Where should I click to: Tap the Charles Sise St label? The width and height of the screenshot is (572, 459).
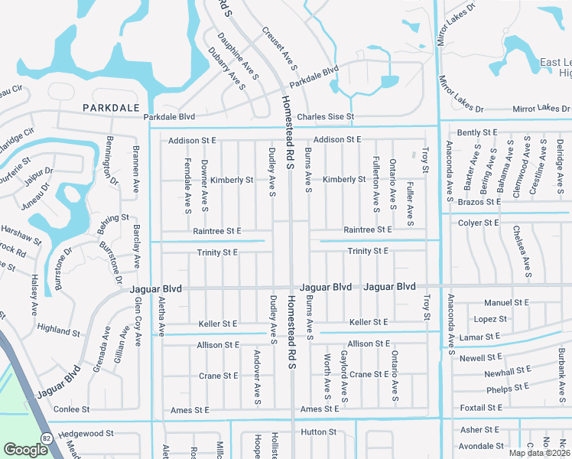(x=326, y=117)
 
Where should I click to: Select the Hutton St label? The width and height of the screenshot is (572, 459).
(x=314, y=432)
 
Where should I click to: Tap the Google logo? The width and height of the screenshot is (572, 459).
(x=25, y=449)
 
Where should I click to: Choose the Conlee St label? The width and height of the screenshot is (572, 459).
(x=72, y=409)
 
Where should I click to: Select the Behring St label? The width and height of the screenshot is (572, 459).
(x=114, y=218)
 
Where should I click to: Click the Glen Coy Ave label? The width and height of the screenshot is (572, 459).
(x=138, y=321)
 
